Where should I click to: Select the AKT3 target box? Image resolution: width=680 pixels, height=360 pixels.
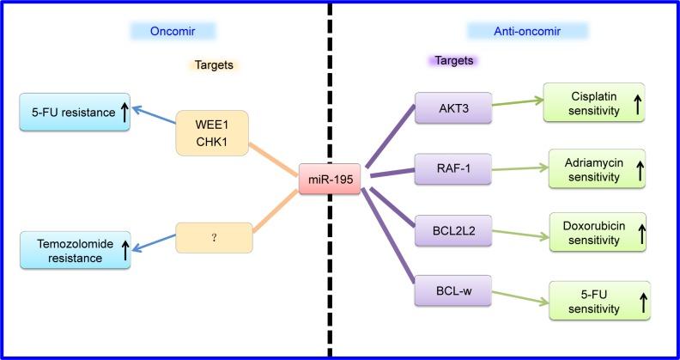coord(452,108)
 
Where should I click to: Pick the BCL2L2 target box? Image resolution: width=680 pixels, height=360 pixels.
coord(452,231)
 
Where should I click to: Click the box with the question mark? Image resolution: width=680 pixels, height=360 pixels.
coord(214,238)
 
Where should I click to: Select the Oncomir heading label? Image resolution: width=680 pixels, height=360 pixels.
coord(173,31)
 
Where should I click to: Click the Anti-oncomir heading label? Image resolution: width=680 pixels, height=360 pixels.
coord(527,31)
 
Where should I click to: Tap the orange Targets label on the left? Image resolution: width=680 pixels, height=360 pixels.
coord(213,64)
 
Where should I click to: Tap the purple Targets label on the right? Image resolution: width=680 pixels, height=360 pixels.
coord(452,62)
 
